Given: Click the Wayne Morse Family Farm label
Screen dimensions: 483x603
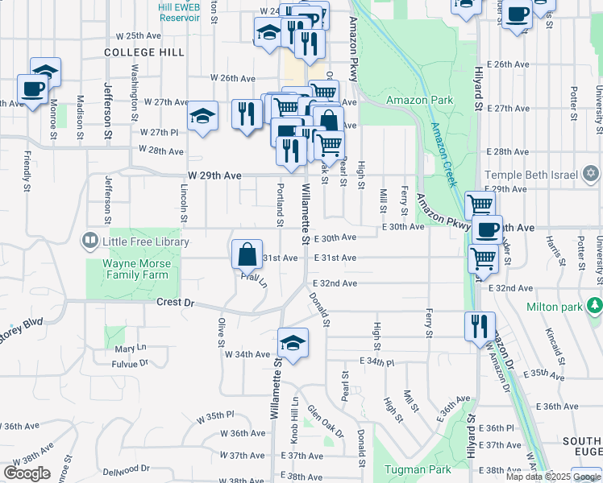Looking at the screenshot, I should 136,268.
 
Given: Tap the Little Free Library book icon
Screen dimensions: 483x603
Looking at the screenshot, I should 90,241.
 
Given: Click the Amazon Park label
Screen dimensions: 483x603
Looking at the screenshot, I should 419,101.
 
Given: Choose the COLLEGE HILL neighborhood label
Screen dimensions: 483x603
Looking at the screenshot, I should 144,52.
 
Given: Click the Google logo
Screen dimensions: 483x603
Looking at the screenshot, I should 27,473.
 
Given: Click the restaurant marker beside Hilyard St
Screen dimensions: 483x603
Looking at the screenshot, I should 480,326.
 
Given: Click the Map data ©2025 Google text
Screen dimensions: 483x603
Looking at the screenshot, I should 553,477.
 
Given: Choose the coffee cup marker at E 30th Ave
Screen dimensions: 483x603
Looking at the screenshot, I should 487,229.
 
